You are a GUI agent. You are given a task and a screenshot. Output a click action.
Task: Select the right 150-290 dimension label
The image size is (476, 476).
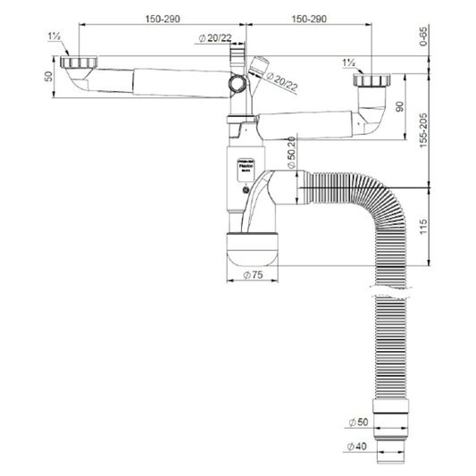click(x=317, y=19)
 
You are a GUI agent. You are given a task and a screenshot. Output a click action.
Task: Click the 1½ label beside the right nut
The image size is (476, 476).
click(x=350, y=64)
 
